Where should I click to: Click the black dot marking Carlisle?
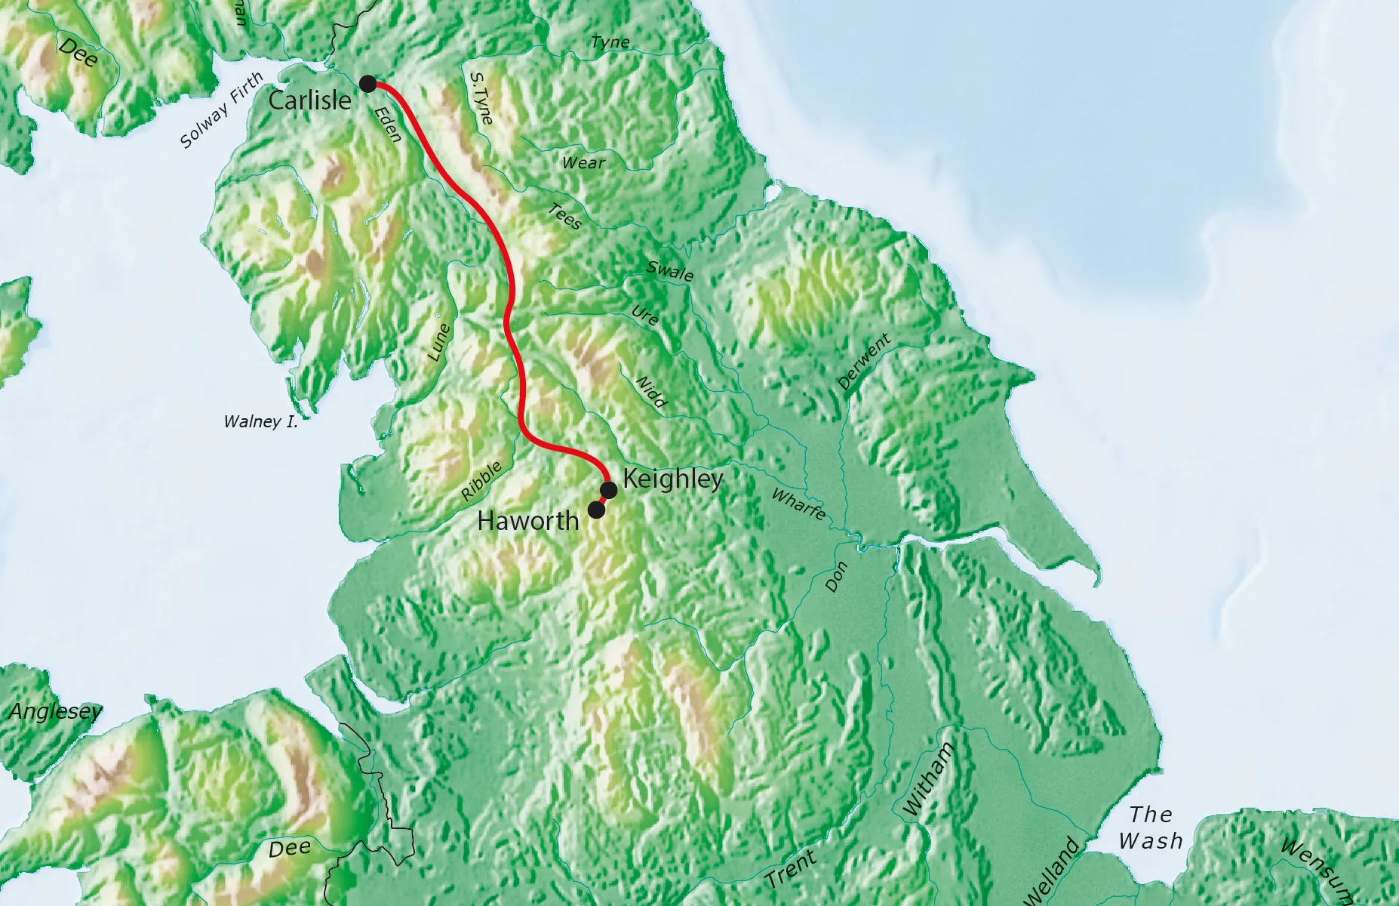[367, 84]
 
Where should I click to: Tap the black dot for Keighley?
[609, 491]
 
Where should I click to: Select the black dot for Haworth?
[596, 510]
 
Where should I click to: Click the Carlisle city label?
[309, 100]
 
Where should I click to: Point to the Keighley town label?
[673, 479]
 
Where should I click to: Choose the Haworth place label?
[528, 521]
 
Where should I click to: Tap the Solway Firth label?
[222, 110]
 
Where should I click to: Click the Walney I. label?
[261, 422]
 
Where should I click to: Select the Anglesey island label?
[55, 712]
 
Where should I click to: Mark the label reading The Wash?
[1151, 827]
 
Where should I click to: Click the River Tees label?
[565, 217]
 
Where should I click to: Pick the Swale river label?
[670, 270]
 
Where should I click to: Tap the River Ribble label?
[481, 481]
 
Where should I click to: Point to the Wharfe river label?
[798, 504]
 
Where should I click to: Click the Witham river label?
[929, 778]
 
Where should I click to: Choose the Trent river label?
[791, 868]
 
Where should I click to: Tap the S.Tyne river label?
[481, 98]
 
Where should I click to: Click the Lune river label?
[438, 342]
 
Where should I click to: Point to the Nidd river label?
[651, 392]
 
